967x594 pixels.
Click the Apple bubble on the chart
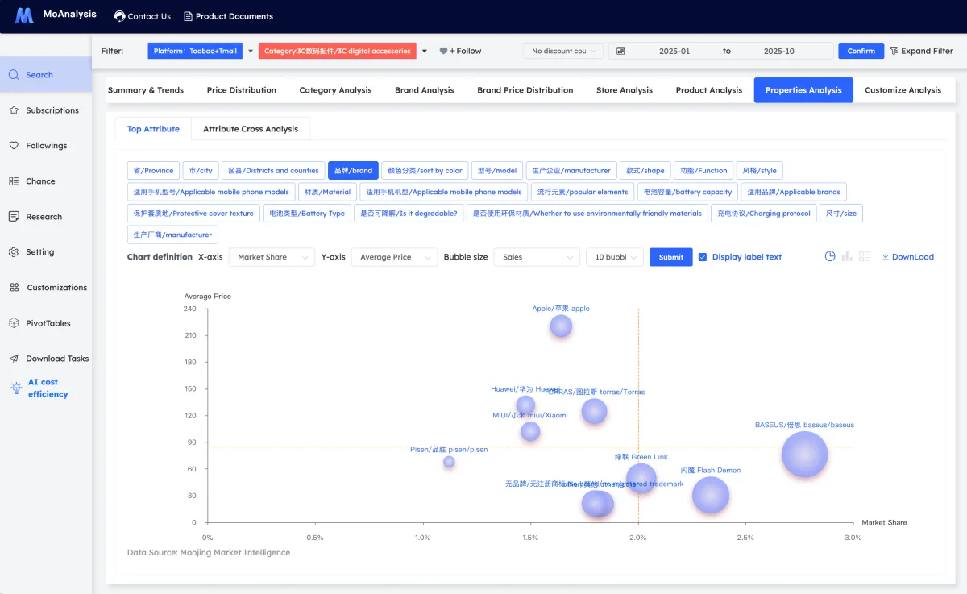(x=561, y=326)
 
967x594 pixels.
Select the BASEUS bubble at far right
(x=804, y=455)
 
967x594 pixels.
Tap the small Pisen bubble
(x=449, y=462)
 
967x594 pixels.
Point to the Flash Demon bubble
(x=710, y=495)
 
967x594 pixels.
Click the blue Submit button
(x=670, y=257)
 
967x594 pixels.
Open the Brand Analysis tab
(x=424, y=90)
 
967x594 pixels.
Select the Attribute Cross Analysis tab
(x=250, y=129)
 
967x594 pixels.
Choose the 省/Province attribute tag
(x=153, y=171)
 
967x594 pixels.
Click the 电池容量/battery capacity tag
(x=687, y=192)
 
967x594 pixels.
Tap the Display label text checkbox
(x=703, y=257)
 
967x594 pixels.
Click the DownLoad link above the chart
(x=907, y=257)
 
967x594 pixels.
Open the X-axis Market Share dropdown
(x=272, y=257)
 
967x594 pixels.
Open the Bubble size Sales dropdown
(x=536, y=257)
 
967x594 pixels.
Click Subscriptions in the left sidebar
(x=52, y=110)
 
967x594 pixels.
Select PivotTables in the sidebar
(x=48, y=323)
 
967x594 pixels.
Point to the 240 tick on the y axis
(x=189, y=309)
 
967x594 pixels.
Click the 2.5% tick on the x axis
(x=745, y=538)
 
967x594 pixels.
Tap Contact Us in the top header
(x=143, y=16)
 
